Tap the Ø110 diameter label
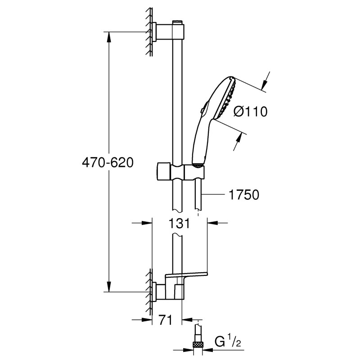[251, 111]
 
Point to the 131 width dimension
[179, 224]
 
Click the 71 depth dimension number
[167, 321]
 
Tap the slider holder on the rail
[180, 171]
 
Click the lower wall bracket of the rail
[167, 292]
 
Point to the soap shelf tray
[187, 274]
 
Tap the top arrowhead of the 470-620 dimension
[108, 36]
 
